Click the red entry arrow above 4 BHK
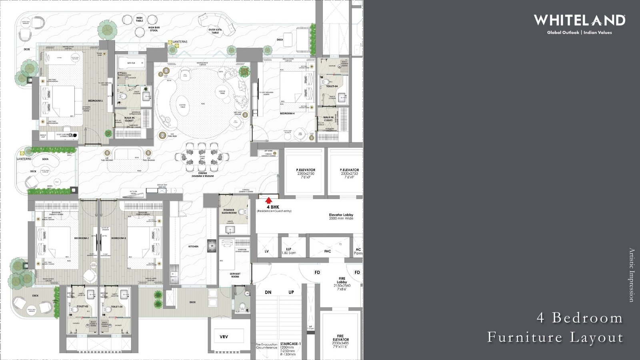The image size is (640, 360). click(269, 200)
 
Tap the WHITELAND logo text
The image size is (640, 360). click(579, 20)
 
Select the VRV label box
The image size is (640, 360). click(224, 337)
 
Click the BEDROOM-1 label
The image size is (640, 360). click(96, 101)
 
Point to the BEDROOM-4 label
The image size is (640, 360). click(287, 114)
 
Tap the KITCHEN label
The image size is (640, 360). click(194, 246)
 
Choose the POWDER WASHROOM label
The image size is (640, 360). click(229, 211)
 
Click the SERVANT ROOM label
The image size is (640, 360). click(235, 275)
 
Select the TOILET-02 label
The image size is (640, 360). click(82, 307)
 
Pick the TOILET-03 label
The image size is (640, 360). click(116, 307)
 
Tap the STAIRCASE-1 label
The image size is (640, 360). click(291, 344)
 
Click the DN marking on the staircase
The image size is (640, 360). click(268, 292)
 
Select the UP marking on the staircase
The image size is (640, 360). click(291, 292)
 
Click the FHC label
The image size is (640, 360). click(328, 251)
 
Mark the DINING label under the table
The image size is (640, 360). click(202, 173)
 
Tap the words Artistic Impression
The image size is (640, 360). click(632, 275)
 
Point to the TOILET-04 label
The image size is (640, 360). click(332, 86)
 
